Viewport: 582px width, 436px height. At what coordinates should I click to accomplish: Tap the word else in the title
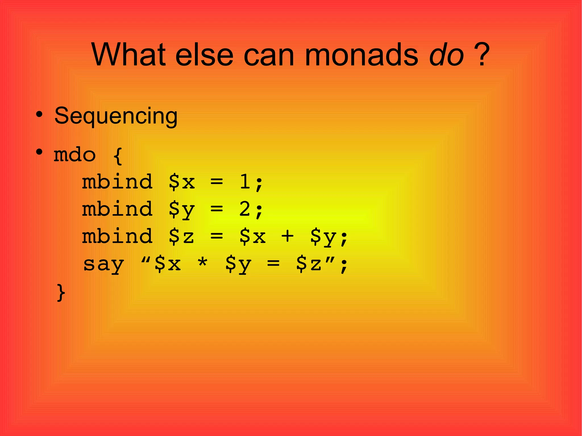tap(204, 55)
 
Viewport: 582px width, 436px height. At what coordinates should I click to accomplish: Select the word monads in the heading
tap(361, 55)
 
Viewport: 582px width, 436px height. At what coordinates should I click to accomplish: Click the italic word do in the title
tap(446, 55)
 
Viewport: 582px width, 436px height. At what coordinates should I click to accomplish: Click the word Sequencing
tap(116, 116)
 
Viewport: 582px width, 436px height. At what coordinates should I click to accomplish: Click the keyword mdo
tap(75, 155)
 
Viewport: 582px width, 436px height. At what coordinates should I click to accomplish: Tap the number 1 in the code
tap(245, 182)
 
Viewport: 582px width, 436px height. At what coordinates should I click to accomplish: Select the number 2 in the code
tap(245, 209)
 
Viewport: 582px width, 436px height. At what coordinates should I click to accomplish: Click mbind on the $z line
tap(117, 236)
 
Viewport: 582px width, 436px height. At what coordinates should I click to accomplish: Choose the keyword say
tap(103, 264)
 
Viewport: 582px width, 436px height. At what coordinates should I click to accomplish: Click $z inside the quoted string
tap(309, 264)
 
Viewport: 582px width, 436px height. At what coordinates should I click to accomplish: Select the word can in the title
tap(269, 55)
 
